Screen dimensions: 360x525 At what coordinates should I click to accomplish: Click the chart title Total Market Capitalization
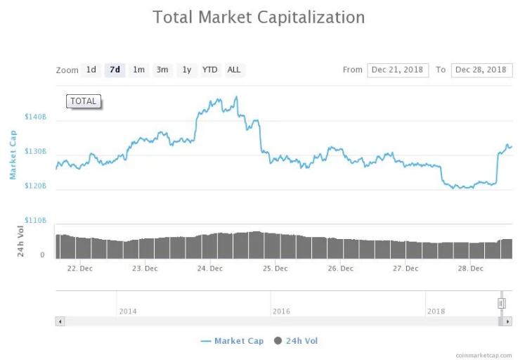pyautogui.click(x=259, y=17)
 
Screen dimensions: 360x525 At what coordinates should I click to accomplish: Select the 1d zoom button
pyautogui.click(x=91, y=70)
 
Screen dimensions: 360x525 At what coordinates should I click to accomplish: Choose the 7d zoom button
pyautogui.click(x=115, y=70)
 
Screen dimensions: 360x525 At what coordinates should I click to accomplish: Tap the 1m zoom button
pyautogui.click(x=139, y=70)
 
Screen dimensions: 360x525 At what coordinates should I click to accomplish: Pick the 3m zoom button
pyautogui.click(x=162, y=70)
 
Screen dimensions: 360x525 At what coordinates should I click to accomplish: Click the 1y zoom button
pyautogui.click(x=186, y=70)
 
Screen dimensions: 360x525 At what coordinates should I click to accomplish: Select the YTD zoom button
pyautogui.click(x=210, y=70)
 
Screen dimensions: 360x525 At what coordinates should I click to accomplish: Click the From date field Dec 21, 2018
pyautogui.click(x=397, y=70)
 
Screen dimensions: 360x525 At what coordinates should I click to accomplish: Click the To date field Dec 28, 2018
pyautogui.click(x=481, y=70)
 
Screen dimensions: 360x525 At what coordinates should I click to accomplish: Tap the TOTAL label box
pyautogui.click(x=84, y=101)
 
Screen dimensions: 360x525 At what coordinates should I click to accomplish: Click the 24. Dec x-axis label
pyautogui.click(x=210, y=268)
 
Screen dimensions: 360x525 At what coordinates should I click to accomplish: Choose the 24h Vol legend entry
pyautogui.click(x=296, y=341)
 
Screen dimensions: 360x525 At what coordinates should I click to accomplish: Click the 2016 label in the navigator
pyautogui.click(x=281, y=311)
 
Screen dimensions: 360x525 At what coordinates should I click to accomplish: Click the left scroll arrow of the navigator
pyautogui.click(x=60, y=321)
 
